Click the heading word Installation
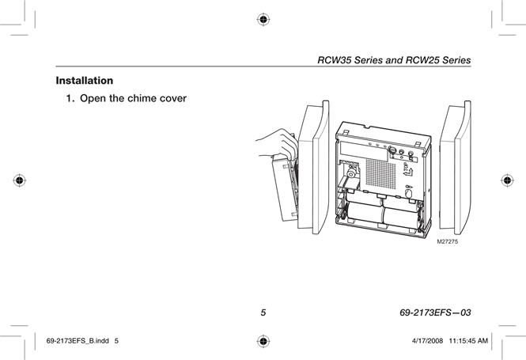tap(85, 81)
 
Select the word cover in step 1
tap(173, 98)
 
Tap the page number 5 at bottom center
tap(263, 313)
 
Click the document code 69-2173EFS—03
tap(435, 313)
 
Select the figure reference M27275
tap(447, 241)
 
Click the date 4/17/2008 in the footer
tap(427, 341)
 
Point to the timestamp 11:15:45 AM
tap(468, 341)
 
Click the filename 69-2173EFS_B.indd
tap(78, 341)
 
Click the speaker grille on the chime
tap(380, 173)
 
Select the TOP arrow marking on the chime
tap(407, 170)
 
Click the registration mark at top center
tap(263, 20)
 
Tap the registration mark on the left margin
tap(20, 180)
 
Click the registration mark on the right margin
tap(507, 180)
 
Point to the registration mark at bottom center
tap(263, 341)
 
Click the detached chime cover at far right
tap(456, 168)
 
